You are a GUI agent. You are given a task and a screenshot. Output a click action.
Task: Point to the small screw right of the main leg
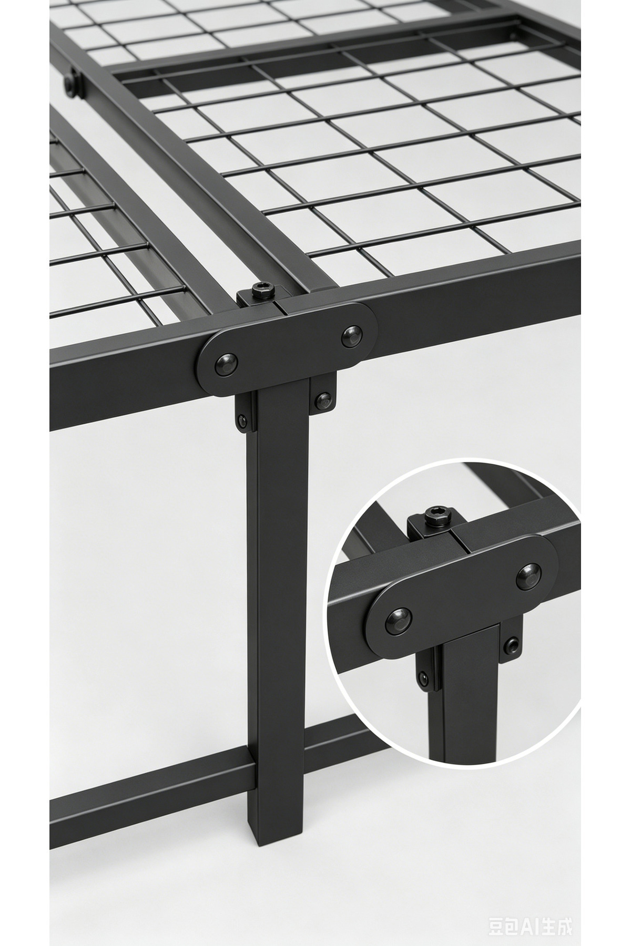tap(324, 401)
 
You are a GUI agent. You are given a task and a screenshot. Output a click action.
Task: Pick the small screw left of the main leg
tap(242, 420)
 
